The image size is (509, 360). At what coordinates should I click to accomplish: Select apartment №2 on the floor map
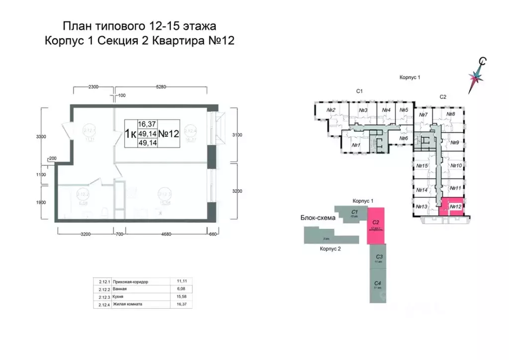tap(331, 110)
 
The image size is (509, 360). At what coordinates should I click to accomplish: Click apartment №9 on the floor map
tap(455, 142)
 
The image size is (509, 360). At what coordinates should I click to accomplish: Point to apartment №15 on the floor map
tap(423, 166)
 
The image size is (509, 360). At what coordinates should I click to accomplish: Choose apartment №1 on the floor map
tap(356, 145)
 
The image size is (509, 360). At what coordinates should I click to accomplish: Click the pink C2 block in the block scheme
tap(376, 226)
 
